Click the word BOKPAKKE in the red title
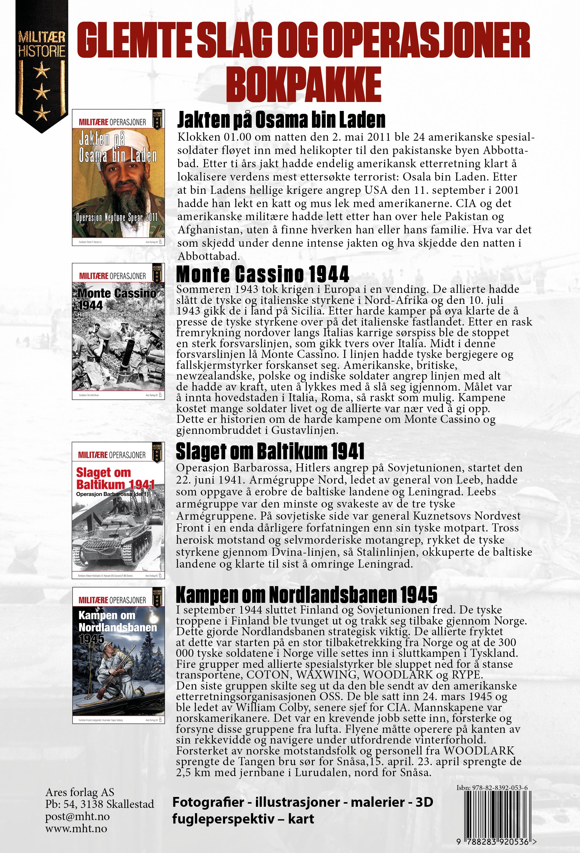(304, 84)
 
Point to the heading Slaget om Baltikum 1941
(270, 451)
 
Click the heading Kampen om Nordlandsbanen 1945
(306, 594)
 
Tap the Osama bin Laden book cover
(118, 177)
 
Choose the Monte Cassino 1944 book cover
(118, 331)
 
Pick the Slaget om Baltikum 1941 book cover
(118, 510)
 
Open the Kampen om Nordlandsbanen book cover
(118, 655)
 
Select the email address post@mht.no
(77, 816)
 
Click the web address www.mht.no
(76, 828)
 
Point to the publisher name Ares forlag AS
(80, 792)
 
